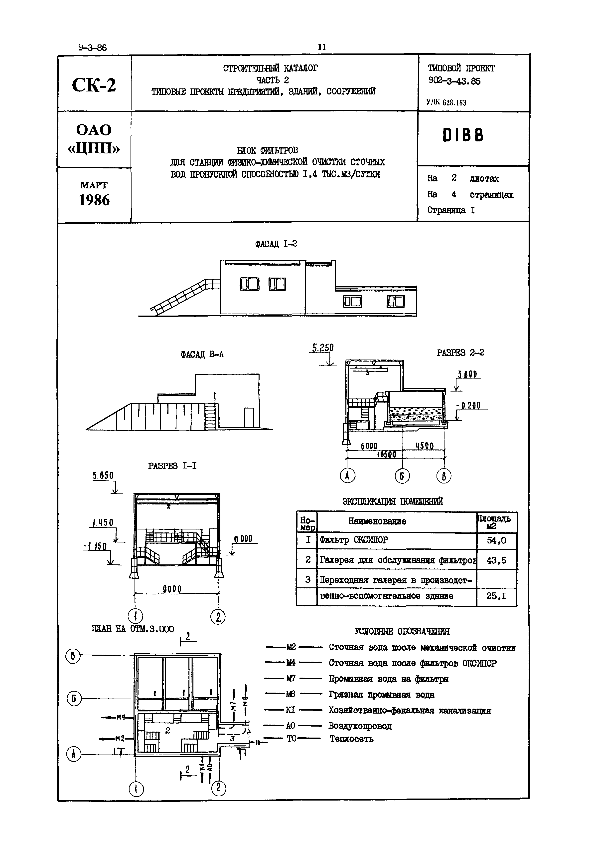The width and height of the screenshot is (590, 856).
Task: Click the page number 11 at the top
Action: [322, 47]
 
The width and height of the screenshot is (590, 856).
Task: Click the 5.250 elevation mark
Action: [323, 348]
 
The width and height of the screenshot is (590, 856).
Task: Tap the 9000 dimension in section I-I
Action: [172, 588]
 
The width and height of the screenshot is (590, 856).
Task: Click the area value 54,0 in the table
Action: [496, 540]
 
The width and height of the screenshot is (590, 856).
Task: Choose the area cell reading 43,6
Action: [496, 560]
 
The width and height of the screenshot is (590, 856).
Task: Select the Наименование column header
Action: [377, 521]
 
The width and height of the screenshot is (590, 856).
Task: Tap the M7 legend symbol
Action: [291, 679]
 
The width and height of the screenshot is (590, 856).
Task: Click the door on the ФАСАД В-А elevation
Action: [249, 418]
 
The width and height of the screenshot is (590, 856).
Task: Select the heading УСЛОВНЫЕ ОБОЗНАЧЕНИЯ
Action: [402, 631]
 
